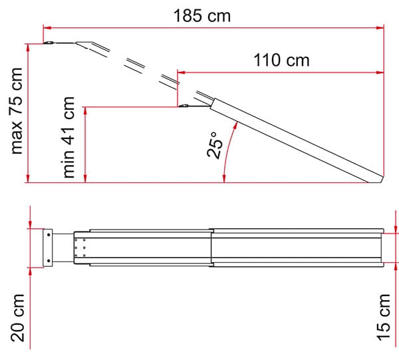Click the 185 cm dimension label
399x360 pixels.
[202, 16]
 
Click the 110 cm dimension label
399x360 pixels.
[281, 61]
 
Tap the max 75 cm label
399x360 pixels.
[17, 110]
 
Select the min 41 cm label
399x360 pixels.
[68, 138]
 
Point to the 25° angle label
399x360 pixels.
[215, 145]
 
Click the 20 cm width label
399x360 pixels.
[17, 317]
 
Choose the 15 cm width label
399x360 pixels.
[384, 317]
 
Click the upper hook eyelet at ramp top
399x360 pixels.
[49, 43]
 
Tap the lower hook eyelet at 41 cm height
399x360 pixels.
[184, 105]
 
